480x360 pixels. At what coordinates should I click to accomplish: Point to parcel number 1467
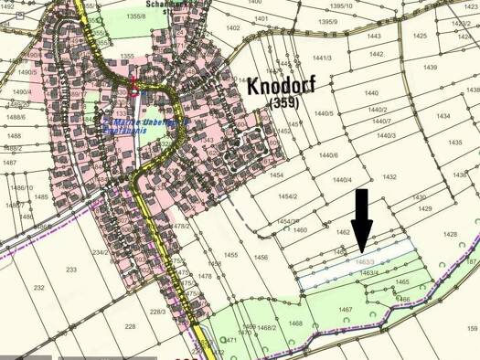(x=346, y=310)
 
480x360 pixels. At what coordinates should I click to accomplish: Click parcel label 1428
(x=451, y=235)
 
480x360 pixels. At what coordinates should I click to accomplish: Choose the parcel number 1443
(x=373, y=36)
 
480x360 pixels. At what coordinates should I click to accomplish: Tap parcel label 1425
(x=419, y=36)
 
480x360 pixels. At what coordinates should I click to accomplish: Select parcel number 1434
(x=443, y=116)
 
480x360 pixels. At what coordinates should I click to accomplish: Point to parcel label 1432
(x=389, y=176)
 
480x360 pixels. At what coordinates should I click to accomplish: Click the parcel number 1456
(x=261, y=258)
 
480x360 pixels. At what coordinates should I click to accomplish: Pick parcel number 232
(x=38, y=287)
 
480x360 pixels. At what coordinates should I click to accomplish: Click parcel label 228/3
(x=157, y=312)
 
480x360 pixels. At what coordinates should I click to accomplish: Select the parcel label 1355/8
(x=137, y=16)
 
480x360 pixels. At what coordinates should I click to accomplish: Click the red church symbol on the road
(x=136, y=88)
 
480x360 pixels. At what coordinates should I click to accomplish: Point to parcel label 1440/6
(x=329, y=154)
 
